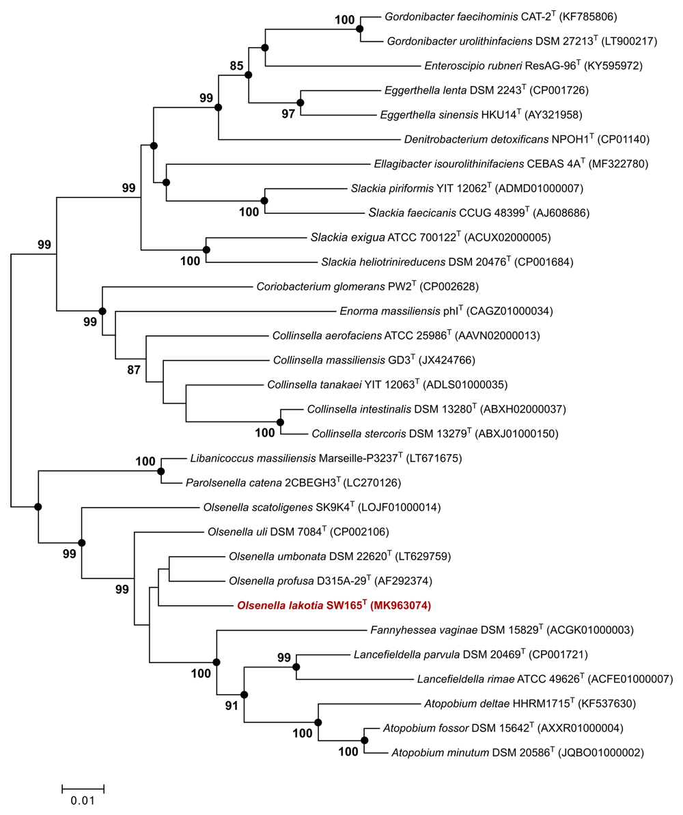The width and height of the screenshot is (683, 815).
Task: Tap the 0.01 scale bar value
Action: tap(83, 801)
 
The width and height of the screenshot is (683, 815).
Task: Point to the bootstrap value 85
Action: tap(236, 66)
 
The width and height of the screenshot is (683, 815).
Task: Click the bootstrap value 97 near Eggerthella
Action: tap(288, 114)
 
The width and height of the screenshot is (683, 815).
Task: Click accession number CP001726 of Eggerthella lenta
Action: tap(559, 90)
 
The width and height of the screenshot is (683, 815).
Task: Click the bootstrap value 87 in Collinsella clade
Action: tap(134, 370)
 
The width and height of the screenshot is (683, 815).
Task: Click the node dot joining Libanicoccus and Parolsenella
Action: tap(161, 471)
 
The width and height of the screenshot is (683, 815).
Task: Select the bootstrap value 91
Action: tap(232, 705)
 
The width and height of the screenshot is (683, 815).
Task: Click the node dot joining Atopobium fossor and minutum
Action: tap(364, 740)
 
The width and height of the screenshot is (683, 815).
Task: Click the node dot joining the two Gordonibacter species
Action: tap(360, 29)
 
